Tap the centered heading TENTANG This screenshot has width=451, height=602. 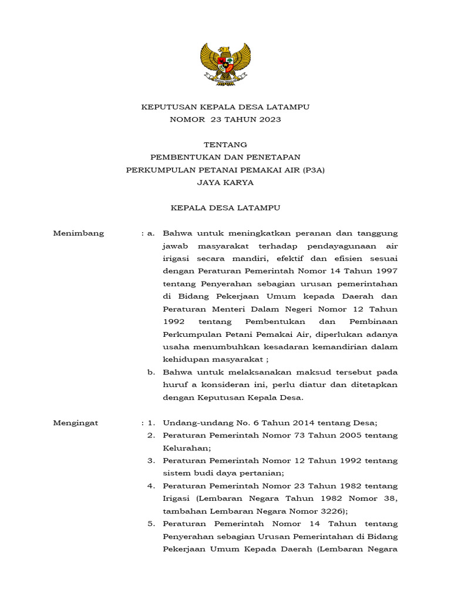(225, 145)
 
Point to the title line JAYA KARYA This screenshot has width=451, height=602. (225, 183)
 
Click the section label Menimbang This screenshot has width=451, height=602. (79, 233)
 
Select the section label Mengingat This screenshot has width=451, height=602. (76, 423)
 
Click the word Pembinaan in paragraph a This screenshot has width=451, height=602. (373, 322)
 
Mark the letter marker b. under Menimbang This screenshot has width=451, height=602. (151, 372)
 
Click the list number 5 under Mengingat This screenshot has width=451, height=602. (150, 524)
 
